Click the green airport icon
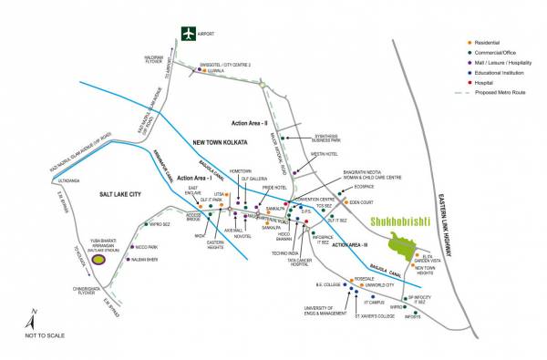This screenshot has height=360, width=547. [x=189, y=34]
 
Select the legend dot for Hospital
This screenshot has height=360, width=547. [x=470, y=82]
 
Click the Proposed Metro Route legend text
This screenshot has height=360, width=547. [x=504, y=92]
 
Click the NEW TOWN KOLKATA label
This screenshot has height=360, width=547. [x=224, y=142]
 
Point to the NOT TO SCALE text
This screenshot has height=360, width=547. [x=45, y=335]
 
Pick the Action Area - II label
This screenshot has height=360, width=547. [x=253, y=120]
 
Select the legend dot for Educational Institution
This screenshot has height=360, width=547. [x=470, y=72]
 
